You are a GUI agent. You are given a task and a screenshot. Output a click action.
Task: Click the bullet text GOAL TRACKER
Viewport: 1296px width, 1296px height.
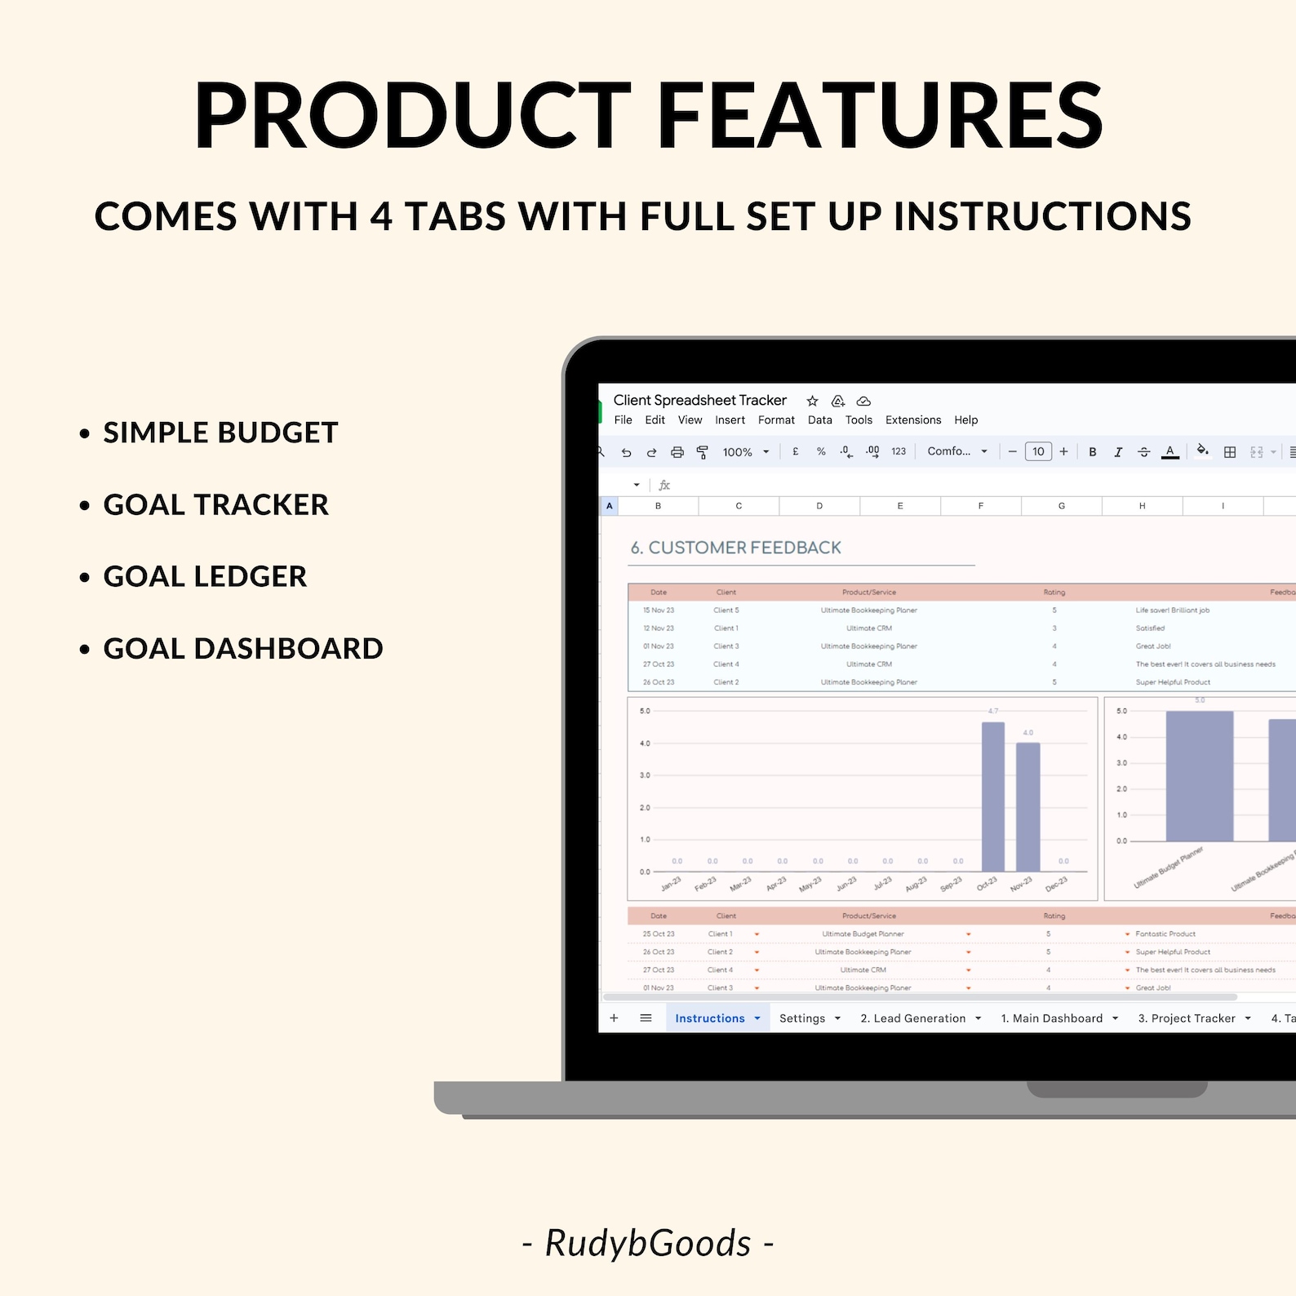(x=215, y=505)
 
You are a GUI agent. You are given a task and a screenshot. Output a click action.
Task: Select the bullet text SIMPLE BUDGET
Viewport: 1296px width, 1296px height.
(x=220, y=433)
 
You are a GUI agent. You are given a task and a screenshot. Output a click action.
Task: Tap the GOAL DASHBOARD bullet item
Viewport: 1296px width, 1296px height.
(x=242, y=649)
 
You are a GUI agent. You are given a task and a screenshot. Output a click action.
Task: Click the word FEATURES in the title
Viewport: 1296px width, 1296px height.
(x=880, y=116)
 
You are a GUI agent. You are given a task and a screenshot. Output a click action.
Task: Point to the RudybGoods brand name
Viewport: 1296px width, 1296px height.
(x=647, y=1243)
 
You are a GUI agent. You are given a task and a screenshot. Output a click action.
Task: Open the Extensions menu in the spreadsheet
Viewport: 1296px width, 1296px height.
(x=912, y=420)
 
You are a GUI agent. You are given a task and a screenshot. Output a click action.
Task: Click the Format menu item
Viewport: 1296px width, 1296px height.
(x=775, y=420)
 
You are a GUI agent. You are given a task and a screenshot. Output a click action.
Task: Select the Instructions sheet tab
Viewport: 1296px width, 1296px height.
(x=709, y=1019)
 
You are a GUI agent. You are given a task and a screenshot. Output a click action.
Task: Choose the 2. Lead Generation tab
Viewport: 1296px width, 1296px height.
(x=912, y=1019)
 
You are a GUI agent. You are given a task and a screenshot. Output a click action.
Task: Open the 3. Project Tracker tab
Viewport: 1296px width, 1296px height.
(x=1186, y=1019)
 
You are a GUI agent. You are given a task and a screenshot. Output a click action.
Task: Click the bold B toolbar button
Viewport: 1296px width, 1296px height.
(x=1092, y=452)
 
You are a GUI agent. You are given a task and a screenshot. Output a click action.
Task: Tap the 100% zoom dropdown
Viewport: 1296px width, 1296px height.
(x=744, y=452)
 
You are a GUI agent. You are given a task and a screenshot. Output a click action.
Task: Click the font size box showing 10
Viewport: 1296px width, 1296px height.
(x=1038, y=452)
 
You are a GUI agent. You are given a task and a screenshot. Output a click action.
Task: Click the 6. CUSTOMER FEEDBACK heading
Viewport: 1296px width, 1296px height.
(x=735, y=548)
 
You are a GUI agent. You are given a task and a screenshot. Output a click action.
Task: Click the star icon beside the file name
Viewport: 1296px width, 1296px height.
(x=812, y=401)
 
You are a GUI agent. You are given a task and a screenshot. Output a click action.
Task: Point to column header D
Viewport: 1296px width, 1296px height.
(x=819, y=506)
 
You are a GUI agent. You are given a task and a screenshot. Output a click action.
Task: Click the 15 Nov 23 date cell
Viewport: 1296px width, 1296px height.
(x=658, y=610)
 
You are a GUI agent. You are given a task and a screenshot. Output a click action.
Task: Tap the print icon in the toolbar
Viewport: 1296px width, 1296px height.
(x=677, y=452)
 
